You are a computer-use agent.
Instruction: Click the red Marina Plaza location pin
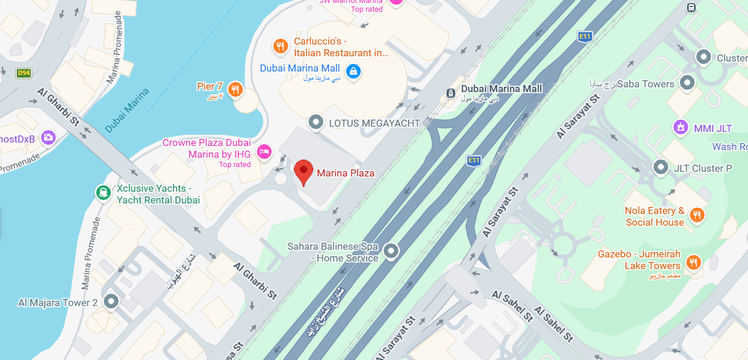[303, 171]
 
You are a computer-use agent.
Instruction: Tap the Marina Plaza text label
[346, 173]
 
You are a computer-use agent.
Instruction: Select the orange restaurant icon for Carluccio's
[281, 46]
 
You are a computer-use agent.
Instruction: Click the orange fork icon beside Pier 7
[235, 89]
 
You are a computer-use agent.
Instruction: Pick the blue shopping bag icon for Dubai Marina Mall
[353, 71]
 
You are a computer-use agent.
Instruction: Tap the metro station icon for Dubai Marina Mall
[450, 92]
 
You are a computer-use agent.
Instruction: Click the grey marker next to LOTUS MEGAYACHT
[316, 123]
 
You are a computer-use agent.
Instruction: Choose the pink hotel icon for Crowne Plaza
[265, 151]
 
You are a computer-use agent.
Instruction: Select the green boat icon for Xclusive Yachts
[103, 192]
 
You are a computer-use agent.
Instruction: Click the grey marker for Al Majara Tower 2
[111, 302]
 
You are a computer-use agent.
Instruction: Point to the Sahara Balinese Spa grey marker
[391, 252]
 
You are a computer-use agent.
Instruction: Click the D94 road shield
[23, 73]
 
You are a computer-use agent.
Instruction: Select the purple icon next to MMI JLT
[681, 127]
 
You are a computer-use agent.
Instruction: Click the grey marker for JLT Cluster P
[661, 168]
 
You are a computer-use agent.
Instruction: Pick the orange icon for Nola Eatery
[697, 215]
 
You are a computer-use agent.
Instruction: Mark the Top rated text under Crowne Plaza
[235, 165]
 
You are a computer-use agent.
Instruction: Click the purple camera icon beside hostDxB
[48, 137]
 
